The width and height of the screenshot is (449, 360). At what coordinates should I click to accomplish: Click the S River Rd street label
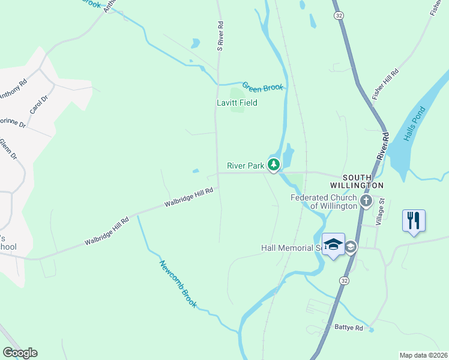point(220,36)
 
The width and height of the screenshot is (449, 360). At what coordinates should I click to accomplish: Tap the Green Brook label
point(262,86)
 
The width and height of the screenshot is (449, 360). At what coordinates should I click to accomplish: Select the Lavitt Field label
point(237,103)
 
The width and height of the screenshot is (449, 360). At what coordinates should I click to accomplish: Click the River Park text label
point(245,166)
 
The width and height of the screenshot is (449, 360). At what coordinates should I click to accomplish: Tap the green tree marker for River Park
point(274,164)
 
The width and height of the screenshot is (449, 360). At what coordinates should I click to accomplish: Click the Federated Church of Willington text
point(324,202)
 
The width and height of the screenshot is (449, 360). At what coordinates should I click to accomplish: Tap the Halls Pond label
point(414,125)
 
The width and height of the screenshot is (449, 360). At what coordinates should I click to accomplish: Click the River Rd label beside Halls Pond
point(383,146)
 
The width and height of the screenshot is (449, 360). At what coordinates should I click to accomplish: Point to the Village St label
point(379,212)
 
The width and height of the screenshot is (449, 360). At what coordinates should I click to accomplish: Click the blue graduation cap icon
point(334,244)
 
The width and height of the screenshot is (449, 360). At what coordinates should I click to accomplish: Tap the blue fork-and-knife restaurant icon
point(414,220)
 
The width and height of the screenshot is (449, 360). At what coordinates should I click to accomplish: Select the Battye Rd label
point(350,328)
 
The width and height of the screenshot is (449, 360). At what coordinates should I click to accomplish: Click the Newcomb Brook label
point(178,284)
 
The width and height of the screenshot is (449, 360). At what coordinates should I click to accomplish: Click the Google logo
point(20,353)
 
